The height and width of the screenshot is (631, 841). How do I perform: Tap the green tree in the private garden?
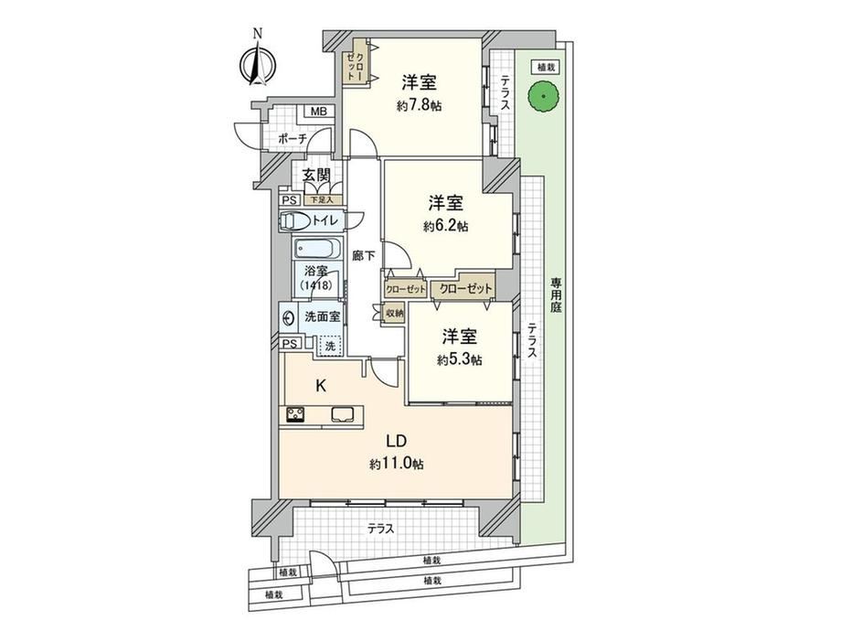coord(543,97)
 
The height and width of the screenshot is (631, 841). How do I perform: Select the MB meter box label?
coord(320,112)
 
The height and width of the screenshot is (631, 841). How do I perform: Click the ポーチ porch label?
coord(293,138)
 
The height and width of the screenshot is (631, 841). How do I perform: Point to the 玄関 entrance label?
coord(315,176)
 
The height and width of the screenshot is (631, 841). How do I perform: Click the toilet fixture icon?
coord(294,220)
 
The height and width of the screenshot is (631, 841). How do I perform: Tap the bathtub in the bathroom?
coord(318,249)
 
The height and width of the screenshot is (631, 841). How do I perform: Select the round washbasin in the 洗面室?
coord(289,317)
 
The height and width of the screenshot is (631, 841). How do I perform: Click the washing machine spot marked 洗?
coord(330,346)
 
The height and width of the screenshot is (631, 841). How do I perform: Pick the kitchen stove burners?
coord(295,415)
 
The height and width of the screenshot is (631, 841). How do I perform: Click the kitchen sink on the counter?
coord(342,415)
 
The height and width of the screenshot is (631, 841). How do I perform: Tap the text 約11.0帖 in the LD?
coord(396,464)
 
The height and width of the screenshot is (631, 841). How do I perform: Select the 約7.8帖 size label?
coord(420,106)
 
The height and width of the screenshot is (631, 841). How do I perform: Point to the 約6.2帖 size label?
coord(445,227)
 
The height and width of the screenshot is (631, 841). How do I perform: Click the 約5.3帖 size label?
coord(459,359)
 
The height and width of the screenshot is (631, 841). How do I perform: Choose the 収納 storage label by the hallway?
coord(394,313)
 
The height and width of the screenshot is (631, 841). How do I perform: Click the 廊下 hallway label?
coord(364,256)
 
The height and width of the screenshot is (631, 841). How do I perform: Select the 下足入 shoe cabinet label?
coord(319,200)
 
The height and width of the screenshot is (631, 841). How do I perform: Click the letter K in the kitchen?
coord(321,385)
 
